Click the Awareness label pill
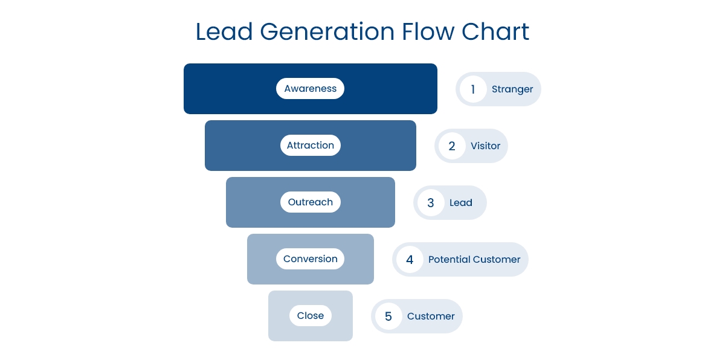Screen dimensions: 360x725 click(x=310, y=89)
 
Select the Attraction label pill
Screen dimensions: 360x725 click(x=310, y=146)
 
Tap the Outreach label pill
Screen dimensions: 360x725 click(x=310, y=202)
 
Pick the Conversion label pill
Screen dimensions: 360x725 click(x=310, y=259)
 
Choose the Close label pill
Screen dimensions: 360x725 click(x=310, y=316)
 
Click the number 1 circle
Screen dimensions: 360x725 click(x=473, y=89)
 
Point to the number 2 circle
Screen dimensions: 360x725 click(x=452, y=146)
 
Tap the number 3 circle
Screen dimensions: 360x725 click(x=431, y=203)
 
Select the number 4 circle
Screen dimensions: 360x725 click(x=410, y=260)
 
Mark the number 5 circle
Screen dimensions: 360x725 click(x=388, y=317)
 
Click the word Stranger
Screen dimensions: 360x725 click(x=512, y=89)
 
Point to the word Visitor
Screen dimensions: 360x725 click(x=486, y=146)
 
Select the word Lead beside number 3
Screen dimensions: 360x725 click(x=461, y=203)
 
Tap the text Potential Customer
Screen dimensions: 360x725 click(x=474, y=260)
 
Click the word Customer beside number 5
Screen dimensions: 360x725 click(x=431, y=317)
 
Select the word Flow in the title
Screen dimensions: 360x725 click(x=428, y=31)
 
